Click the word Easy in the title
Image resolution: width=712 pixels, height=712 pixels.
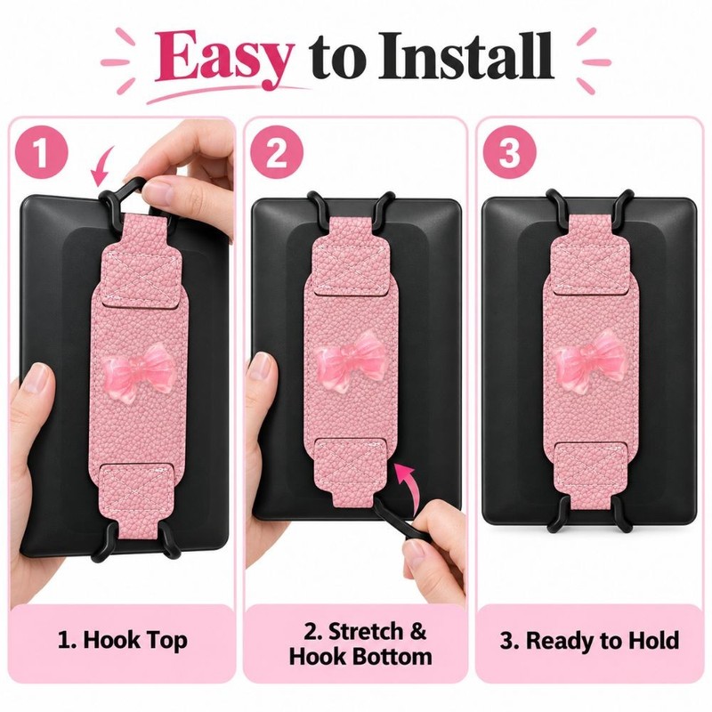tap(223, 58)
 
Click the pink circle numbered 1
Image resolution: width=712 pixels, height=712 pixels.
tap(41, 151)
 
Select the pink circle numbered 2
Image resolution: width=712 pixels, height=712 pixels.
tap(276, 151)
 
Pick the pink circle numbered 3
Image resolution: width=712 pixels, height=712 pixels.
tap(509, 151)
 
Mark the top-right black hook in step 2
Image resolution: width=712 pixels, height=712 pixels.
tap(384, 206)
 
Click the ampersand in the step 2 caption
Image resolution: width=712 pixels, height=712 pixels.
tap(417, 631)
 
